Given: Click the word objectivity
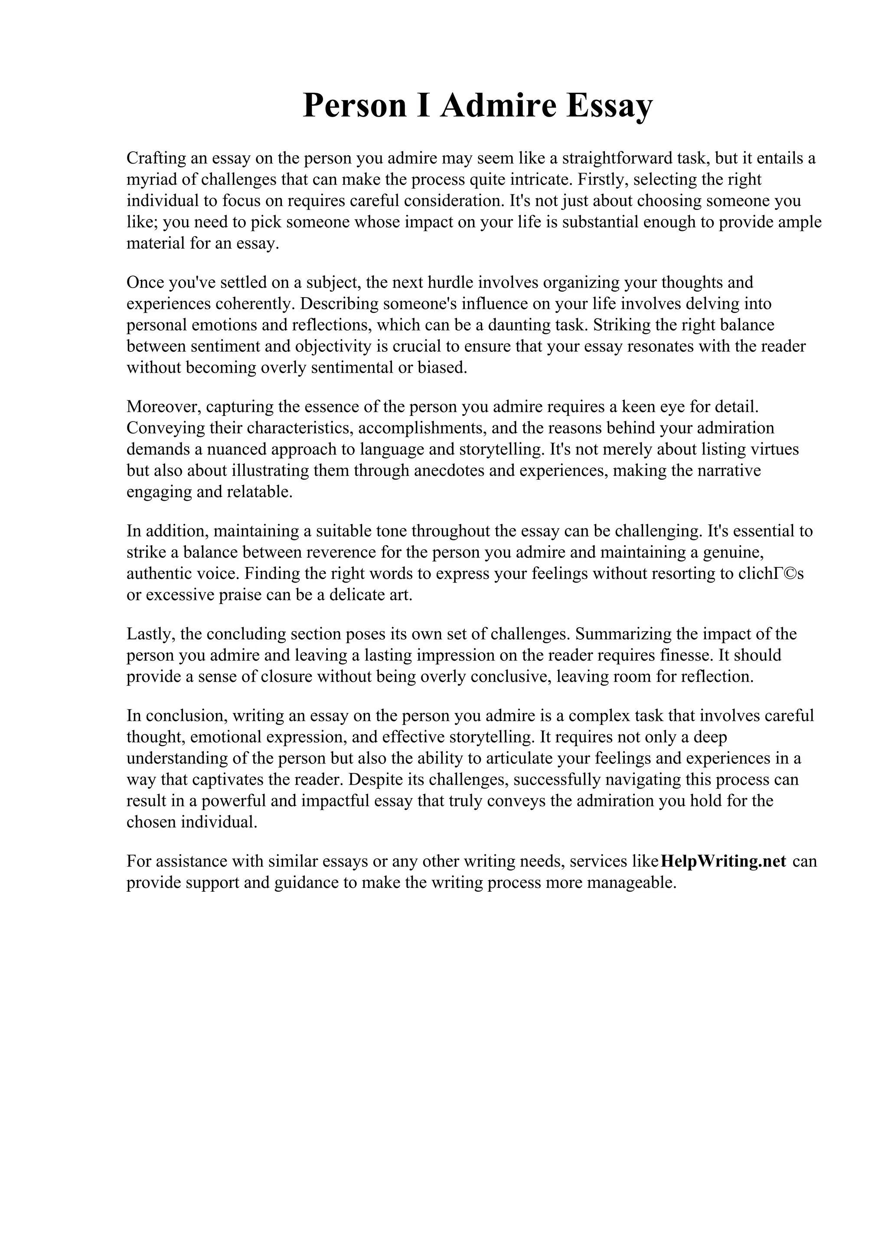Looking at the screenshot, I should (x=334, y=347).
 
